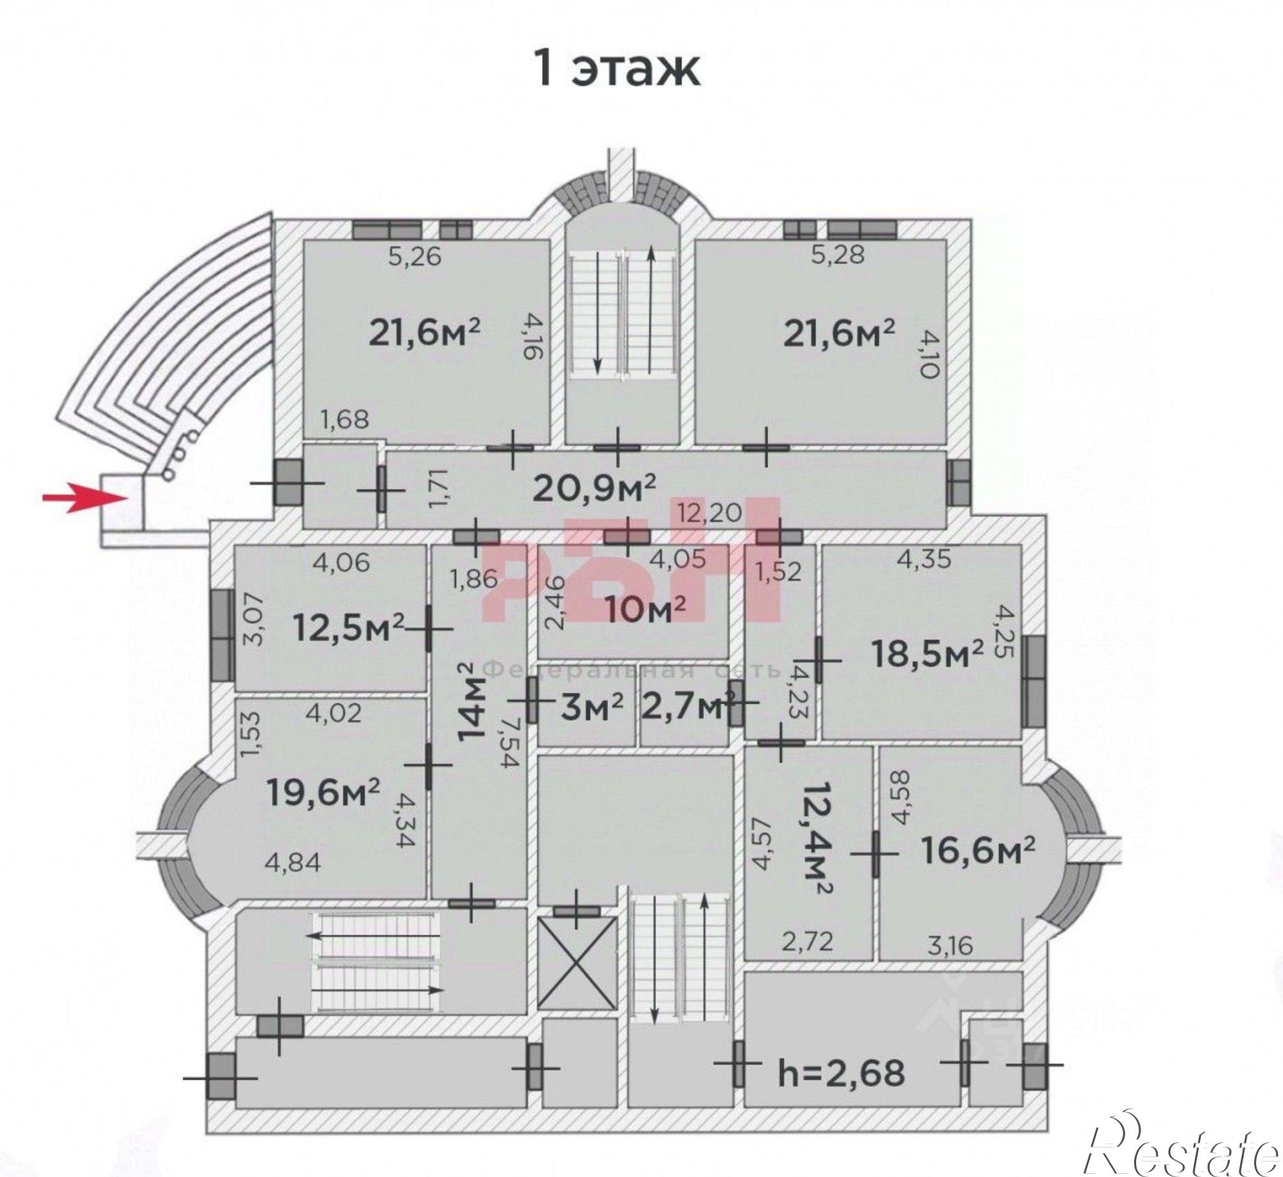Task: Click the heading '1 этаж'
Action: [x=618, y=70]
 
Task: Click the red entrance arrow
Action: [x=83, y=497]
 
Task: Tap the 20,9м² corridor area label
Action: [x=594, y=488]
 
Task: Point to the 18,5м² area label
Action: [x=927, y=654]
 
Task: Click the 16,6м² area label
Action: [x=978, y=850]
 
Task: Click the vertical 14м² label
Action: [x=475, y=703]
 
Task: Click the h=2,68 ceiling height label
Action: [x=841, y=1072]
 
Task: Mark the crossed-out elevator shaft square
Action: [x=577, y=963]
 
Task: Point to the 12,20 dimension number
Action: [x=709, y=513]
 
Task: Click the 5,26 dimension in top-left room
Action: [x=415, y=257]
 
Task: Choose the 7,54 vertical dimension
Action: [x=510, y=744]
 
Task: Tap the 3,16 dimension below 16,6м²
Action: [x=950, y=945]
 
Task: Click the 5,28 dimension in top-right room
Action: [x=837, y=254]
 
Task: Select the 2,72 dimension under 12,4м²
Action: [x=807, y=941]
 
